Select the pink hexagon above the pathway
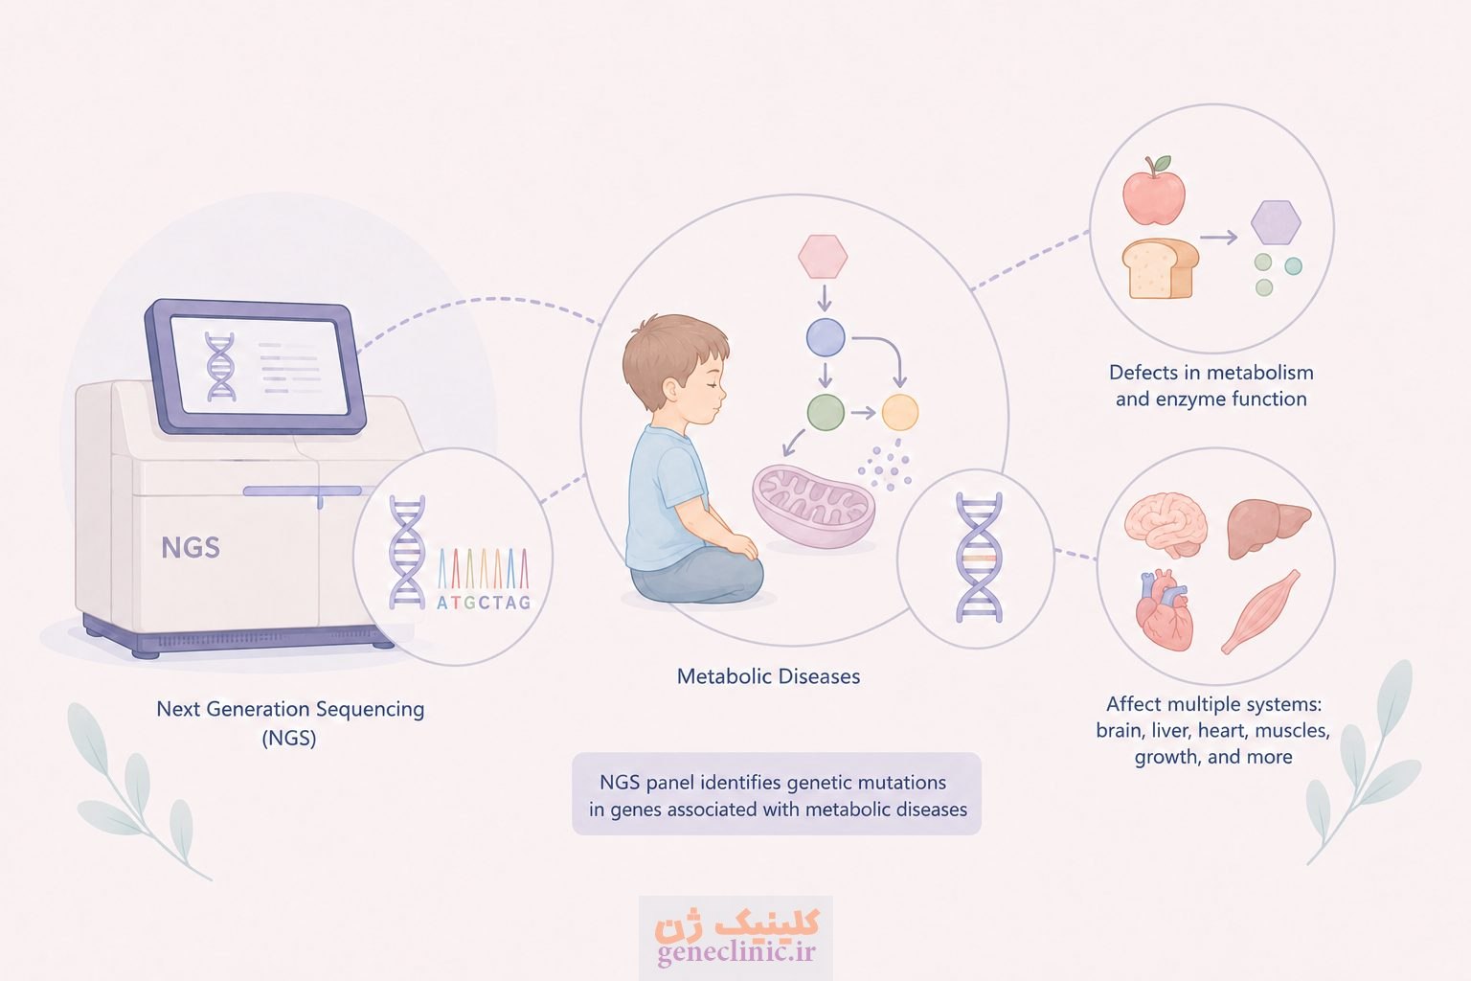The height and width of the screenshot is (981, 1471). (823, 256)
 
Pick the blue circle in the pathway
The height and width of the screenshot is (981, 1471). (826, 338)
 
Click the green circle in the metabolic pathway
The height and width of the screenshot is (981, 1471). (826, 413)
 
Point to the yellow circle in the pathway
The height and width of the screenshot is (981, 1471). (899, 413)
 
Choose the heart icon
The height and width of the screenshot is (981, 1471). (1164, 609)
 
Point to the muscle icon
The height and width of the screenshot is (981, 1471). (1260, 612)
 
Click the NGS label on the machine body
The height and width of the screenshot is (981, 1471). (191, 547)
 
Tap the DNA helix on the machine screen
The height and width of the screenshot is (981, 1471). (220, 367)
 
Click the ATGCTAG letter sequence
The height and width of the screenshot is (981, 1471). (484, 603)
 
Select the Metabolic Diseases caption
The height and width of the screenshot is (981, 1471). (768, 676)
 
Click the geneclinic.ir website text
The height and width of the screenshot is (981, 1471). (736, 951)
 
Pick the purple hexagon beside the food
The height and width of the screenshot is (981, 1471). (1276, 222)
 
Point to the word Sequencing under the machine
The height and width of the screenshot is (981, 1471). (370, 710)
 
